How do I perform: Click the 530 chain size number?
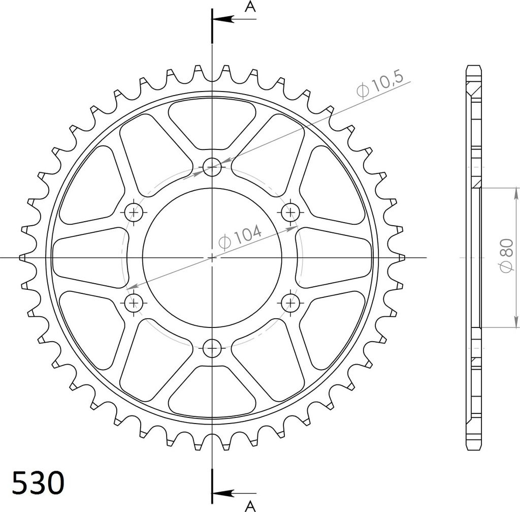[38, 483]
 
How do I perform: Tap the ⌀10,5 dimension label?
[380, 85]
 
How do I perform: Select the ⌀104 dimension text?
[240, 237]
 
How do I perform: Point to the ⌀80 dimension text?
[507, 256]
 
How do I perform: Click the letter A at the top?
[250, 6]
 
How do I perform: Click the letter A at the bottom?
[250, 506]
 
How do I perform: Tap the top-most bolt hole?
[212, 167]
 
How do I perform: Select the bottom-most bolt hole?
[212, 348]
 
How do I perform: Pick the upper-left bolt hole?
[134, 212]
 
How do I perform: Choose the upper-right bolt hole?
[290, 212]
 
